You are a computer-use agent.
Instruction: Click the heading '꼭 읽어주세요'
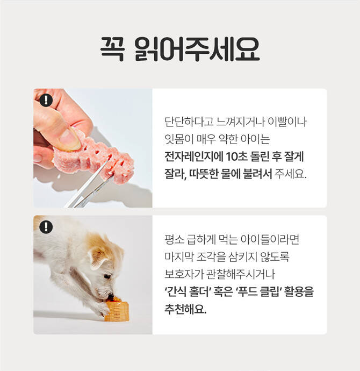tap(180, 49)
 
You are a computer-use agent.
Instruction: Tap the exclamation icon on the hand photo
tap(46, 100)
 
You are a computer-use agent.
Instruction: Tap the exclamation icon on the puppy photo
tap(46, 227)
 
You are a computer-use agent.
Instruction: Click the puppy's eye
tap(107, 276)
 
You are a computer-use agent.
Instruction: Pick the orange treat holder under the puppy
tap(117, 310)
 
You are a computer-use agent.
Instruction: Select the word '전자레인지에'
tap(194, 156)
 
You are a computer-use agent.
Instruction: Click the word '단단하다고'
tap(189, 122)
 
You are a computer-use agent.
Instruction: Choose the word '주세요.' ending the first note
tap(291, 174)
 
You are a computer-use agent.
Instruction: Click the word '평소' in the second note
tap(174, 239)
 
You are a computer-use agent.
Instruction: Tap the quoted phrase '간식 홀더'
tap(188, 291)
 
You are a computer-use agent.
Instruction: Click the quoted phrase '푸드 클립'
tap(259, 291)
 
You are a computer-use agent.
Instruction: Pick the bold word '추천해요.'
tap(185, 309)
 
